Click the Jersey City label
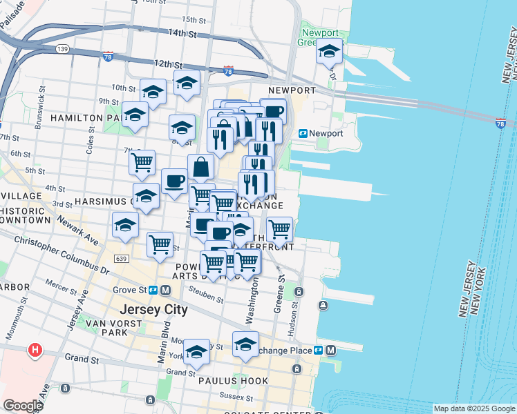pyautogui.click(x=153, y=309)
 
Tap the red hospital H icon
pyautogui.click(x=34, y=351)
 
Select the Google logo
pyautogui.click(x=23, y=405)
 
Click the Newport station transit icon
pyautogui.click(x=303, y=133)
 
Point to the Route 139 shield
pyautogui.click(x=62, y=48)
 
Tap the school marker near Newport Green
pyautogui.click(x=329, y=50)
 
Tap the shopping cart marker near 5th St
pyautogui.click(x=142, y=162)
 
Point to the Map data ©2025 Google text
pyautogui.click(x=474, y=408)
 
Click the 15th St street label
pyautogui.click(x=195, y=19)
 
